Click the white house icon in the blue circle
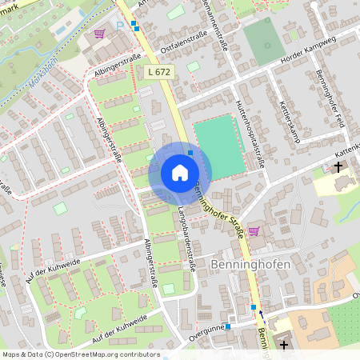point(180,173)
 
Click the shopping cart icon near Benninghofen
point(254,231)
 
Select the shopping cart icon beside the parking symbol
point(99,34)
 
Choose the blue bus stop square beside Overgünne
point(228,326)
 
